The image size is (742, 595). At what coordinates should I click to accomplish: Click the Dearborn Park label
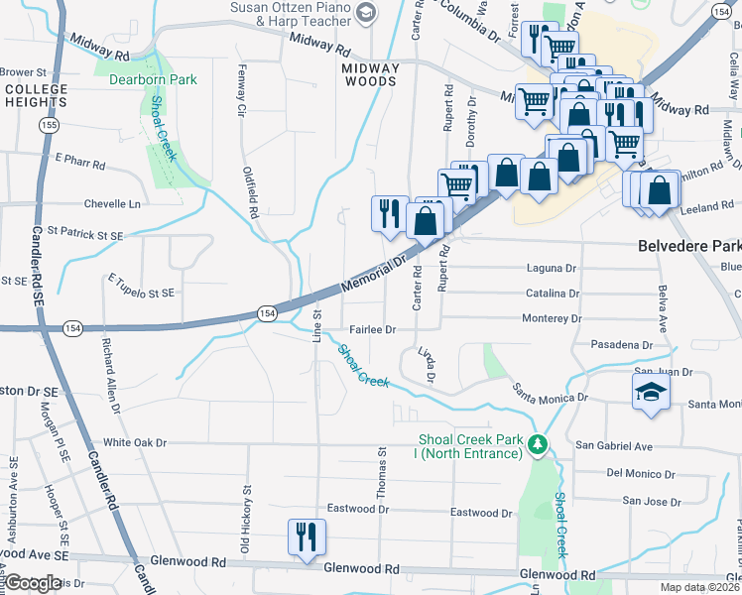point(153,80)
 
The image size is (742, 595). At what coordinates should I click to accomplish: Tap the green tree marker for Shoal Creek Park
point(538,443)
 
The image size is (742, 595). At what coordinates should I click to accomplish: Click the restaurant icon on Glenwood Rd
point(306,536)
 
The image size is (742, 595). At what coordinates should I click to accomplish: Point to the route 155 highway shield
point(50,126)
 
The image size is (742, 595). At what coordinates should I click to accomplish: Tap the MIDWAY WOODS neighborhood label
point(370,74)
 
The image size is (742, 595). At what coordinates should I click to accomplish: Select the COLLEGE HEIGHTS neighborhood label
point(36,95)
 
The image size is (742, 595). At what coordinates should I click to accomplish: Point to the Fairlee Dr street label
point(372,329)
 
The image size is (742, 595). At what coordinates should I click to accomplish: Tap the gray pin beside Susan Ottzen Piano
point(365,12)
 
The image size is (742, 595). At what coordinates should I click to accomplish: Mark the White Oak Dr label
point(136,443)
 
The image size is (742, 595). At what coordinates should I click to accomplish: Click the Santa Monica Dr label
point(550,396)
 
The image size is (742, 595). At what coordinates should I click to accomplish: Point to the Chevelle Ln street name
point(112,203)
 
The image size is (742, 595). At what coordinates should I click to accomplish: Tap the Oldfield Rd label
point(252,192)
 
